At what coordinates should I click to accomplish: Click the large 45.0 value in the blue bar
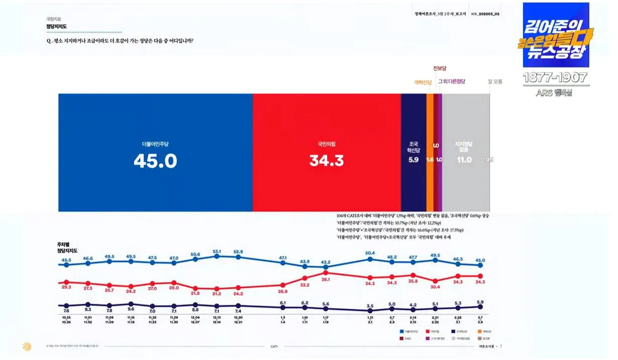click(x=155, y=160)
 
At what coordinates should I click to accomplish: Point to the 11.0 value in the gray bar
click(x=464, y=160)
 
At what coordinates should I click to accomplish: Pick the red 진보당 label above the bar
click(x=440, y=68)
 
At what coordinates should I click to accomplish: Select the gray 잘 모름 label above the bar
click(x=494, y=81)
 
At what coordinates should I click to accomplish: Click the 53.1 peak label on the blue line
click(x=217, y=252)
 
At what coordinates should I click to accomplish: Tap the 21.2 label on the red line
click(x=217, y=294)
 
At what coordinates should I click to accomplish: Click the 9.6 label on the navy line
click(x=131, y=309)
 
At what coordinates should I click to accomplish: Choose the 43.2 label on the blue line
click(x=326, y=262)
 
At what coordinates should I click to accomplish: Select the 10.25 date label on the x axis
click(x=66, y=317)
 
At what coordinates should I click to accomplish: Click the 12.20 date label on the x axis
click(x=238, y=317)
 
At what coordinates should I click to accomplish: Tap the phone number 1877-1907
click(x=555, y=78)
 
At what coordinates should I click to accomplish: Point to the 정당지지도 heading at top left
click(x=56, y=26)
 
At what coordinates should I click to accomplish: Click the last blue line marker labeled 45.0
click(x=480, y=266)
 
